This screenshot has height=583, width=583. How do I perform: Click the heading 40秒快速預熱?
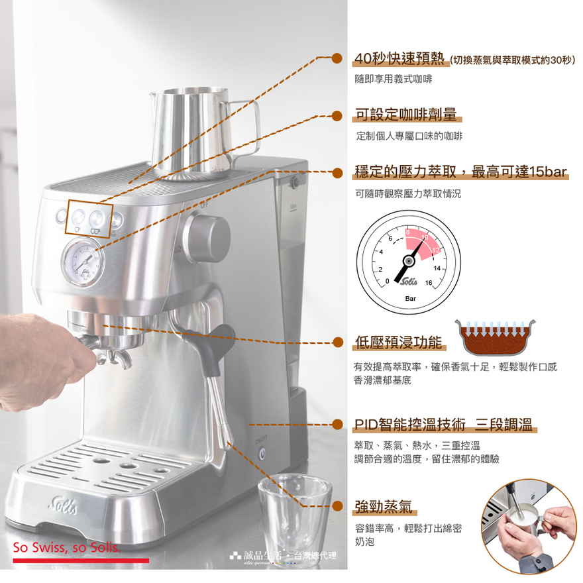(399, 58)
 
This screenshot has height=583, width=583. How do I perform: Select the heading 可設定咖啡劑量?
(406, 114)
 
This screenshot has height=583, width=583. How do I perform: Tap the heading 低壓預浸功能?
(399, 342)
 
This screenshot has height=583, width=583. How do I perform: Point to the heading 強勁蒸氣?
(384, 506)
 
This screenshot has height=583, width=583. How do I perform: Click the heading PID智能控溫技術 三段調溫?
(444, 424)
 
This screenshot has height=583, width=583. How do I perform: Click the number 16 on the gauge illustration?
(429, 283)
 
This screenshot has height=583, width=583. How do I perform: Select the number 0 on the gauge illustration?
(387, 282)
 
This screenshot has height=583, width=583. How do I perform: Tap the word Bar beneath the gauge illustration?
(411, 299)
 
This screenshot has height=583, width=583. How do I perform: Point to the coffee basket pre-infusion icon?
(496, 337)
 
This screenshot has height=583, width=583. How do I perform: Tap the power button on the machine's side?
(262, 454)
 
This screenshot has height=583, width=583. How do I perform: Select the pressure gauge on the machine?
(83, 262)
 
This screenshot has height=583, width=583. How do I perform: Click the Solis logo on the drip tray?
(63, 505)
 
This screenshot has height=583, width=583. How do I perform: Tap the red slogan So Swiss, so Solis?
(67, 547)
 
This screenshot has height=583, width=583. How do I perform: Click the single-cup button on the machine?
(78, 217)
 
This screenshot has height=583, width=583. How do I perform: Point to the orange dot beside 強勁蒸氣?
(337, 505)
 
